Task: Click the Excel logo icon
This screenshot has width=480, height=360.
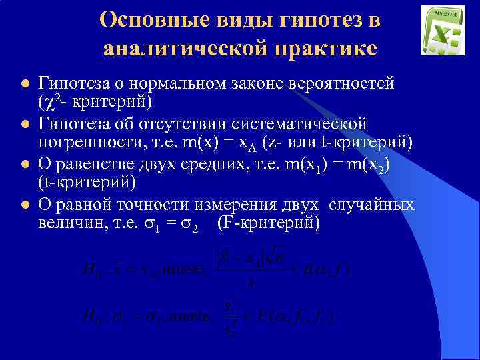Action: coord(443,30)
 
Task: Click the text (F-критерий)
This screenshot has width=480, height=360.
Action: coord(269,223)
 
